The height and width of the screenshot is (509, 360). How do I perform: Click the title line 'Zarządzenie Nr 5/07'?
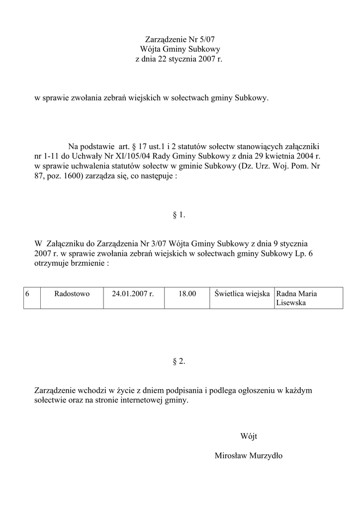180,39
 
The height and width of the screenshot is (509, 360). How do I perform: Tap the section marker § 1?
179,215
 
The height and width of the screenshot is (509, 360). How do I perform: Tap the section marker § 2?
179,361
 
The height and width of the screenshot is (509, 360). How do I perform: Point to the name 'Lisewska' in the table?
291,303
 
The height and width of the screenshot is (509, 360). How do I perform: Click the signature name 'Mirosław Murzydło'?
249,456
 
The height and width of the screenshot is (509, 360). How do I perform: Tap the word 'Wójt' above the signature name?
249,436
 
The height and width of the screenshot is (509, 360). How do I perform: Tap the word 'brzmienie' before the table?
85,263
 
